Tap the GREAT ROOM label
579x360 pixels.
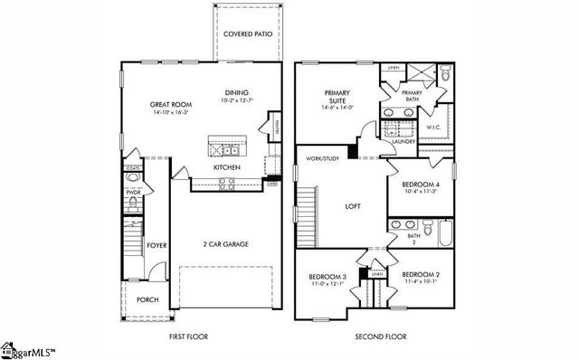pos(169,105)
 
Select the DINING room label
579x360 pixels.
pos(238,93)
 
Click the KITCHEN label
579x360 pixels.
pos(226,168)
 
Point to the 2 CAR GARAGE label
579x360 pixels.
pos(225,244)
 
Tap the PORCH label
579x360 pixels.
pos(147,299)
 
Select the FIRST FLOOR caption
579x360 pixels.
pos(189,336)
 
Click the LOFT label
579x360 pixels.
pos(353,206)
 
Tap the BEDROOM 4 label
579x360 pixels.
pos(419,185)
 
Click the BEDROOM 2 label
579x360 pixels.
pos(421,275)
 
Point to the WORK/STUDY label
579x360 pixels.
pos(321,159)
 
